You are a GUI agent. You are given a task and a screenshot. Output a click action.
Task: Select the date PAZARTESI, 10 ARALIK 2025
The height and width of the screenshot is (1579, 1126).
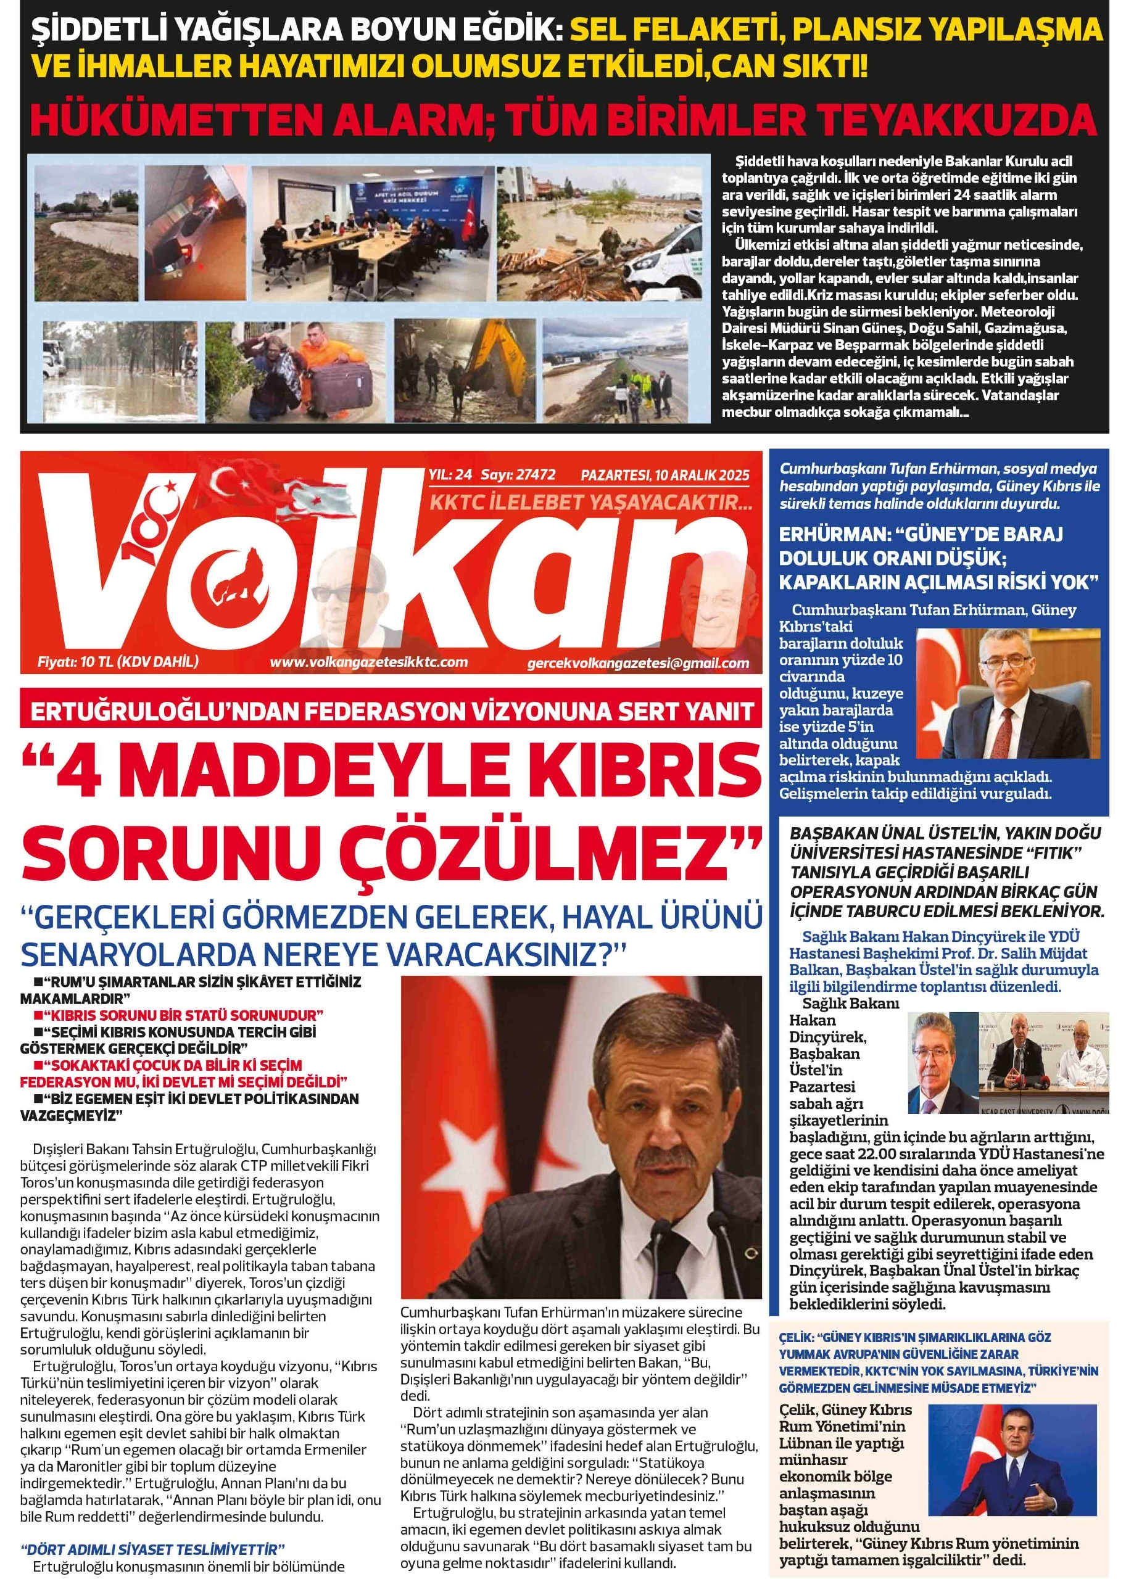click(x=665, y=476)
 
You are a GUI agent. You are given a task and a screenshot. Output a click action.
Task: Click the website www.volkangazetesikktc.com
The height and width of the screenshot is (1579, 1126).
click(x=368, y=662)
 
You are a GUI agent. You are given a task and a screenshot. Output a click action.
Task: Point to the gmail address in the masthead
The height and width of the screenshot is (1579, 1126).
click(x=638, y=663)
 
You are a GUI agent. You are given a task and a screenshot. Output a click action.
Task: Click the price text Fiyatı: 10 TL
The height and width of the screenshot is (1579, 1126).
click(x=77, y=661)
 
